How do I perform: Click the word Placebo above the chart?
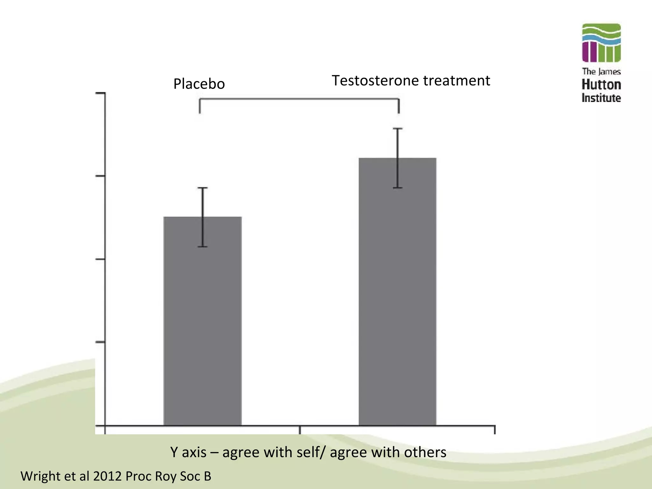pos(199,84)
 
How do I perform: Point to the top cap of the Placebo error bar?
pos(202,188)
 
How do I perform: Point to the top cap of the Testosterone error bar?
pos(398,129)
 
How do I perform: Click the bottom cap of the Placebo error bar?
pos(202,247)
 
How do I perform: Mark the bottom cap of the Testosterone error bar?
pos(398,188)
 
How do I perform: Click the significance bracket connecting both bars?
pos(299,99)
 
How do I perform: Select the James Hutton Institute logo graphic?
pos(601,43)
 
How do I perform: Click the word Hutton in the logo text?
pos(601,85)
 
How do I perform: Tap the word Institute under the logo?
pos(601,98)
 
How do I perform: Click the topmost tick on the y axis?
pos(100,93)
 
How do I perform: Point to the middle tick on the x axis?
pos(300,430)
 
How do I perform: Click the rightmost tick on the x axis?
pos(495,430)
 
